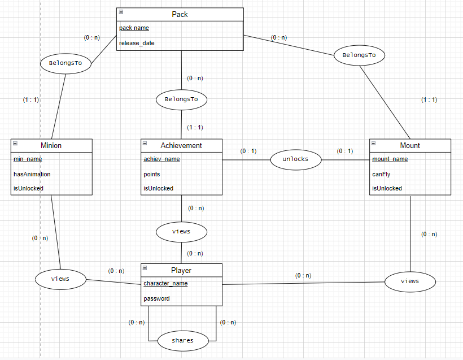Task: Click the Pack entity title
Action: pyautogui.click(x=181, y=14)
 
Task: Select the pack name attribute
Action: pyautogui.click(x=134, y=28)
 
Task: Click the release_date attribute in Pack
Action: pyautogui.click(x=137, y=43)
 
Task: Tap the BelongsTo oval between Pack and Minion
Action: pyautogui.click(x=65, y=63)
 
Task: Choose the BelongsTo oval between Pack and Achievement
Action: pyautogui.click(x=181, y=99)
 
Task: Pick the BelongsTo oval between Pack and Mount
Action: pyautogui.click(x=359, y=55)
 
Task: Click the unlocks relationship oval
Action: pyautogui.click(x=295, y=159)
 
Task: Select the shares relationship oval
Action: pyautogui.click(x=182, y=340)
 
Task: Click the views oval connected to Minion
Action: pyautogui.click(x=60, y=279)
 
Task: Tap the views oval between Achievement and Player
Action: pyautogui.click(x=181, y=231)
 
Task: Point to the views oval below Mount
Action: pyautogui.click(x=410, y=281)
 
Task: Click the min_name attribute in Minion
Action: pyautogui.click(x=28, y=159)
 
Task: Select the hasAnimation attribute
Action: pyautogui.click(x=32, y=174)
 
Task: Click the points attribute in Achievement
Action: pyautogui.click(x=151, y=174)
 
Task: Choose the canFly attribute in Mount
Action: pyautogui.click(x=381, y=174)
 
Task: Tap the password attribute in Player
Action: pyautogui.click(x=156, y=298)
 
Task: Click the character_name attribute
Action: pyautogui.click(x=165, y=284)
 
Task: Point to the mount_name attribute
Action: pyautogui.click(x=390, y=159)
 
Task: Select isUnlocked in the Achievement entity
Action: pyautogui.click(x=158, y=188)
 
